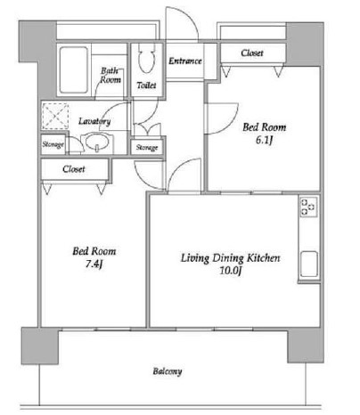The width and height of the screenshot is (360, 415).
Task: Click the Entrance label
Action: tap(185, 61)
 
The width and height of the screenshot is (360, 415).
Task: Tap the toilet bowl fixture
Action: tap(147, 58)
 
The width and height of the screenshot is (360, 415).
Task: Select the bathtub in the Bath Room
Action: tap(74, 70)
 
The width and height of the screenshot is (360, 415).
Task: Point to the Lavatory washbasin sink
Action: tap(97, 142)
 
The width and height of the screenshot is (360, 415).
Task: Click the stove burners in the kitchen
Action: tap(308, 207)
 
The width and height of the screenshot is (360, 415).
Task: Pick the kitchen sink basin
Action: tap(309, 264)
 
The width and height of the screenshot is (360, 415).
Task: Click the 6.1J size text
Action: tap(264, 140)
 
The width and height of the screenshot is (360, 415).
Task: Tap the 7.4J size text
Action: tap(94, 264)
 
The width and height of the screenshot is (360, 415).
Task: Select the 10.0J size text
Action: tap(231, 271)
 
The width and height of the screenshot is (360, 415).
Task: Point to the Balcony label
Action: tap(168, 371)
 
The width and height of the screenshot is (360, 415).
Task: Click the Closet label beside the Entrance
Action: tap(252, 53)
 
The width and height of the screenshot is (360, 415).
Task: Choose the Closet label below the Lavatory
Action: tap(74, 169)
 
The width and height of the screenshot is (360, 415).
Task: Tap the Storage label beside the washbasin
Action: tap(53, 144)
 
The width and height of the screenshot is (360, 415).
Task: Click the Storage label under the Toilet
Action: tap(147, 148)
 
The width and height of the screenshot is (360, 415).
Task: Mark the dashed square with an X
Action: tap(55, 116)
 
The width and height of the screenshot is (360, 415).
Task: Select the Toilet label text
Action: tap(146, 85)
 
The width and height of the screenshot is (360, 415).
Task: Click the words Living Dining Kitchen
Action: tap(231, 258)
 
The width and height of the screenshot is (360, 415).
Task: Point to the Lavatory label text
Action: tap(94, 121)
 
